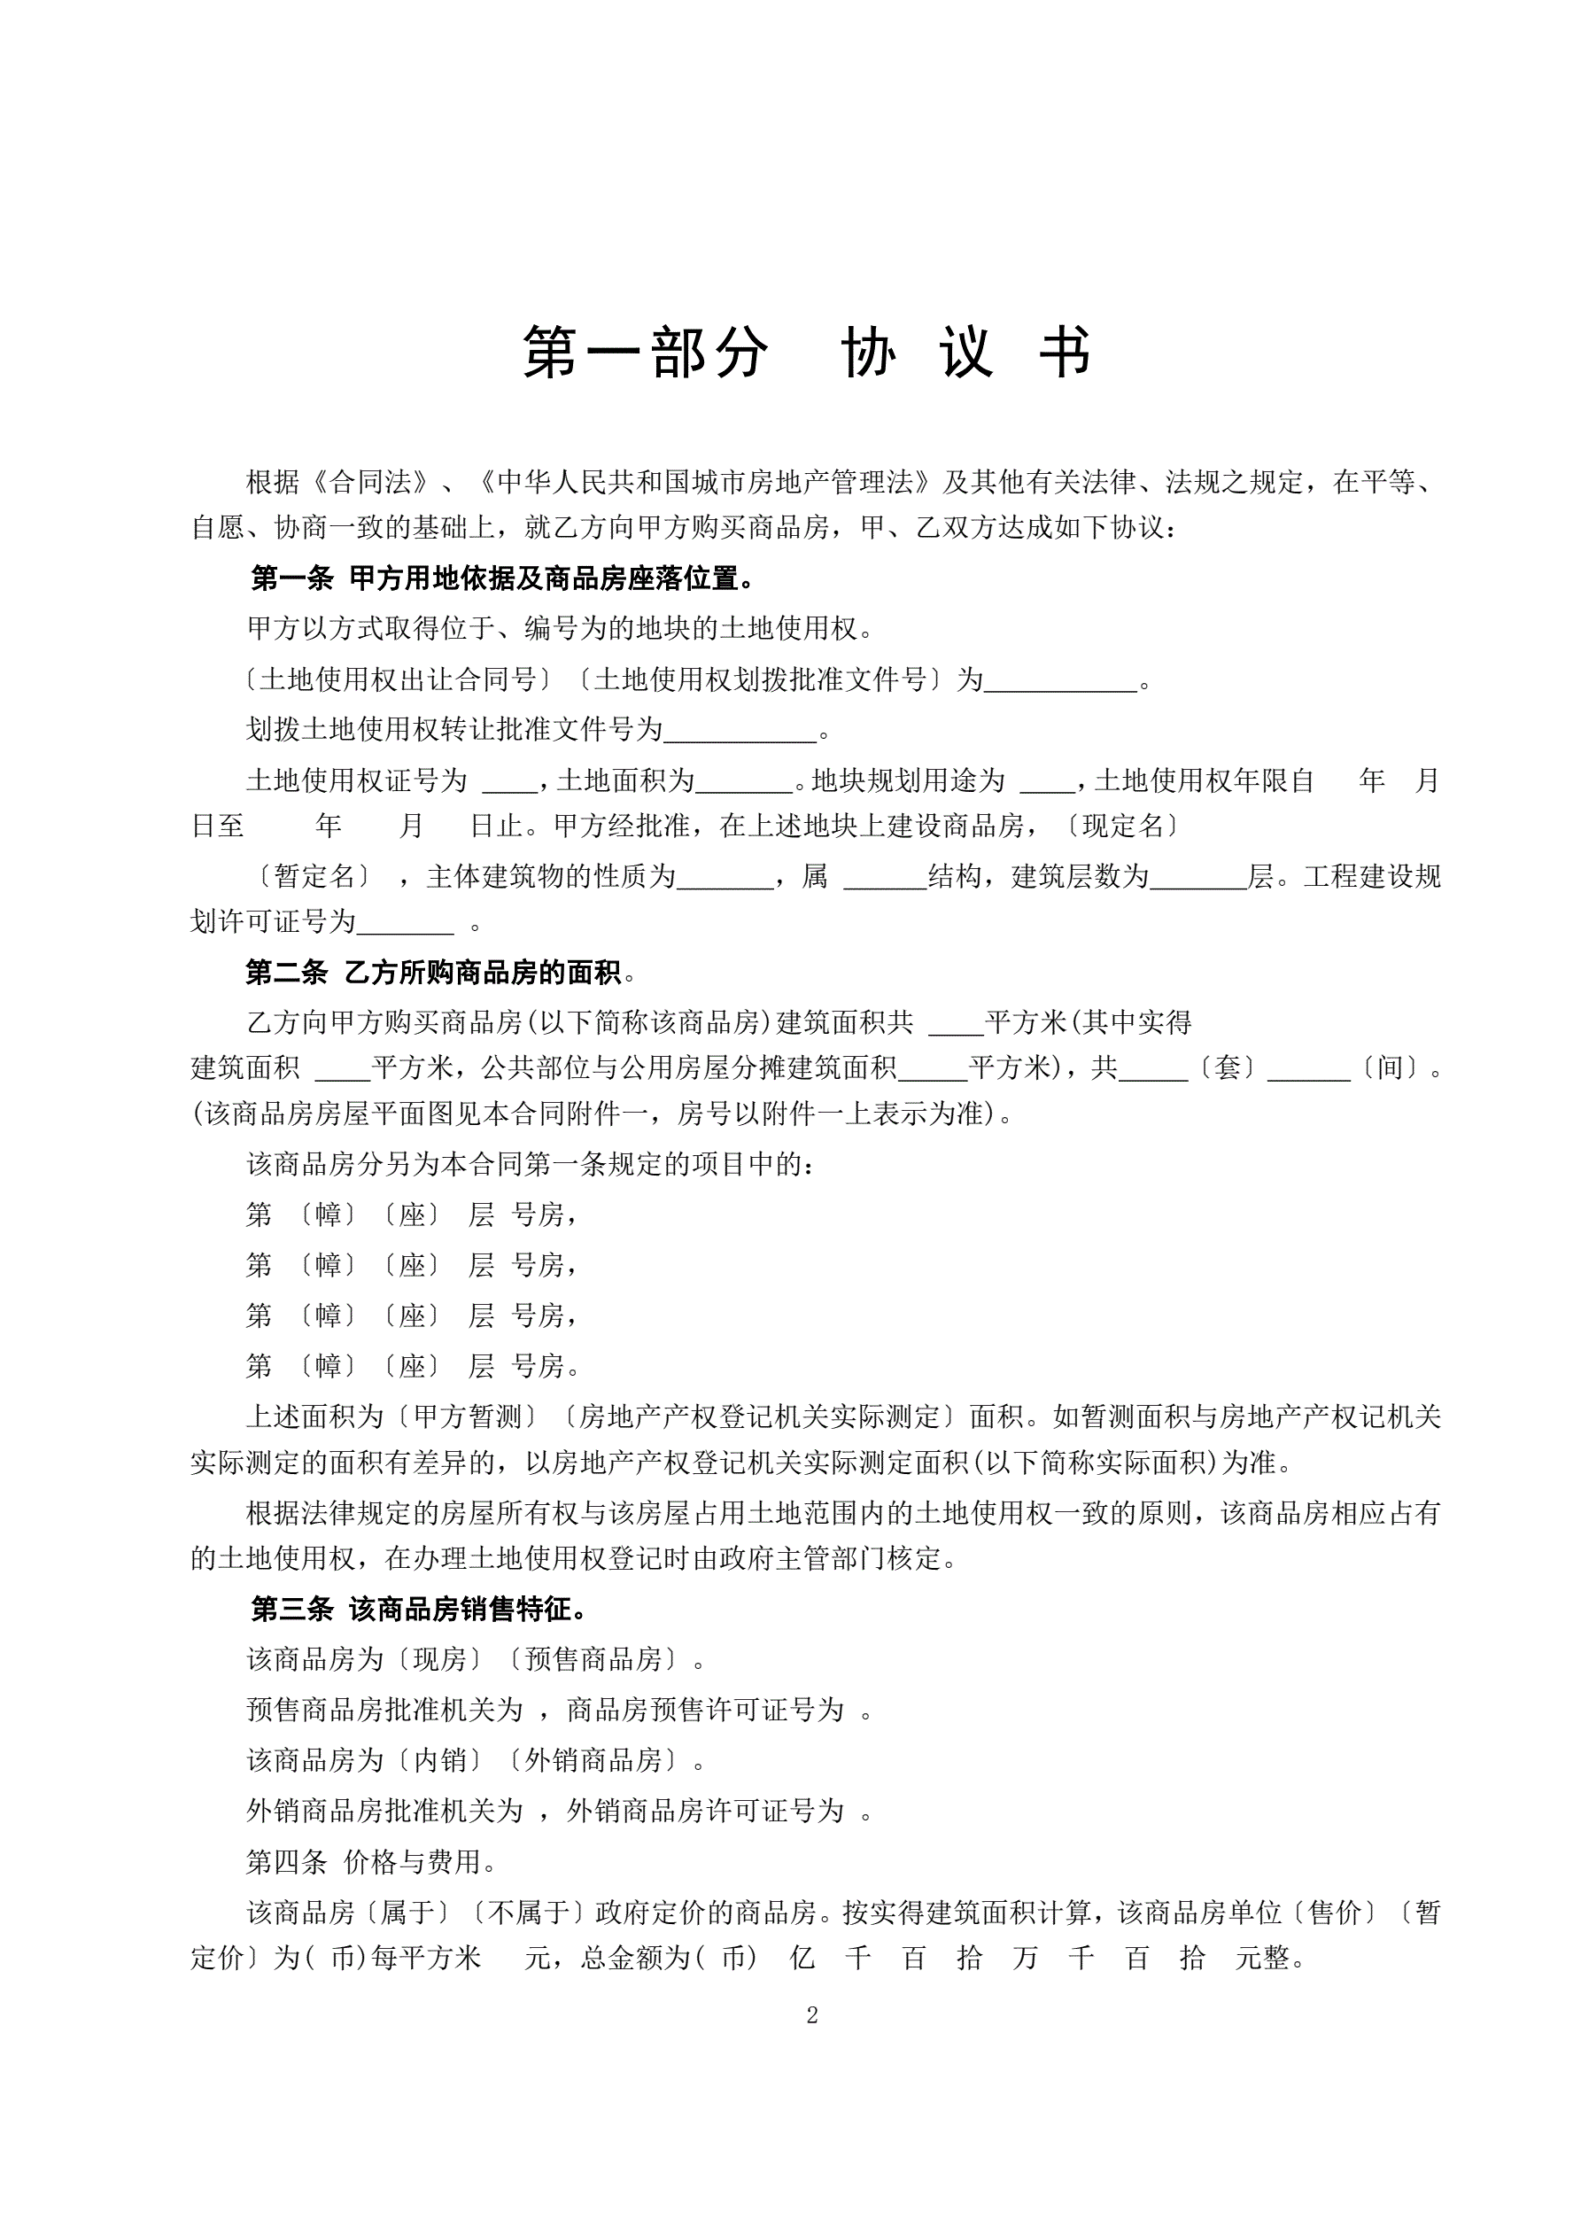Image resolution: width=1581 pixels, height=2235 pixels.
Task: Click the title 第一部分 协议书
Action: pos(807,352)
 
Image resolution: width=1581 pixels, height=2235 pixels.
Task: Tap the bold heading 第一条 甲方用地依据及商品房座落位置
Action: pos(502,579)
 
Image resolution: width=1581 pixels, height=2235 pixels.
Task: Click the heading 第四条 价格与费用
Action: pos(371,1862)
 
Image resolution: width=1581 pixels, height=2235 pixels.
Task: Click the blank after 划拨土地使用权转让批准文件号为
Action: pos(740,730)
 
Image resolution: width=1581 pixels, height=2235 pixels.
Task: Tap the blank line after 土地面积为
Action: pos(745,780)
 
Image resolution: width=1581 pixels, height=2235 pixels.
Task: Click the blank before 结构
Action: pos(885,877)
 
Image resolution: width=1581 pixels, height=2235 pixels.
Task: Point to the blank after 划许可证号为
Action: pos(405,922)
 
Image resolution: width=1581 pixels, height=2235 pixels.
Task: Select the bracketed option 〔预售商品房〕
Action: pos(593,1660)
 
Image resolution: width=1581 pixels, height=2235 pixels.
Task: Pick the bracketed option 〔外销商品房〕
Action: pos(593,1761)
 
